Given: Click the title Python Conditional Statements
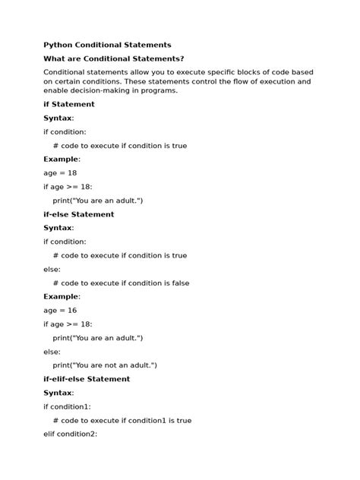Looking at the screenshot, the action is tap(107, 45).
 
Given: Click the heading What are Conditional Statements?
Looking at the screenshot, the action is tap(114, 58).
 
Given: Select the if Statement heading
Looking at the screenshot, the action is tap(69, 104).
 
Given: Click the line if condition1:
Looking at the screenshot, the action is tap(67, 406).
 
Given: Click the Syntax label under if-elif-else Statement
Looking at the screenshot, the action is tap(58, 393).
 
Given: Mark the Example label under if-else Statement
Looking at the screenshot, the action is tap(62, 296).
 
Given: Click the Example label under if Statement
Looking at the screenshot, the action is tap(62, 159).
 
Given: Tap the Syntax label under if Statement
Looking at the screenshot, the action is tap(58, 118).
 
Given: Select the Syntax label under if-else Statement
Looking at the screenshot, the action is tap(58, 228).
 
